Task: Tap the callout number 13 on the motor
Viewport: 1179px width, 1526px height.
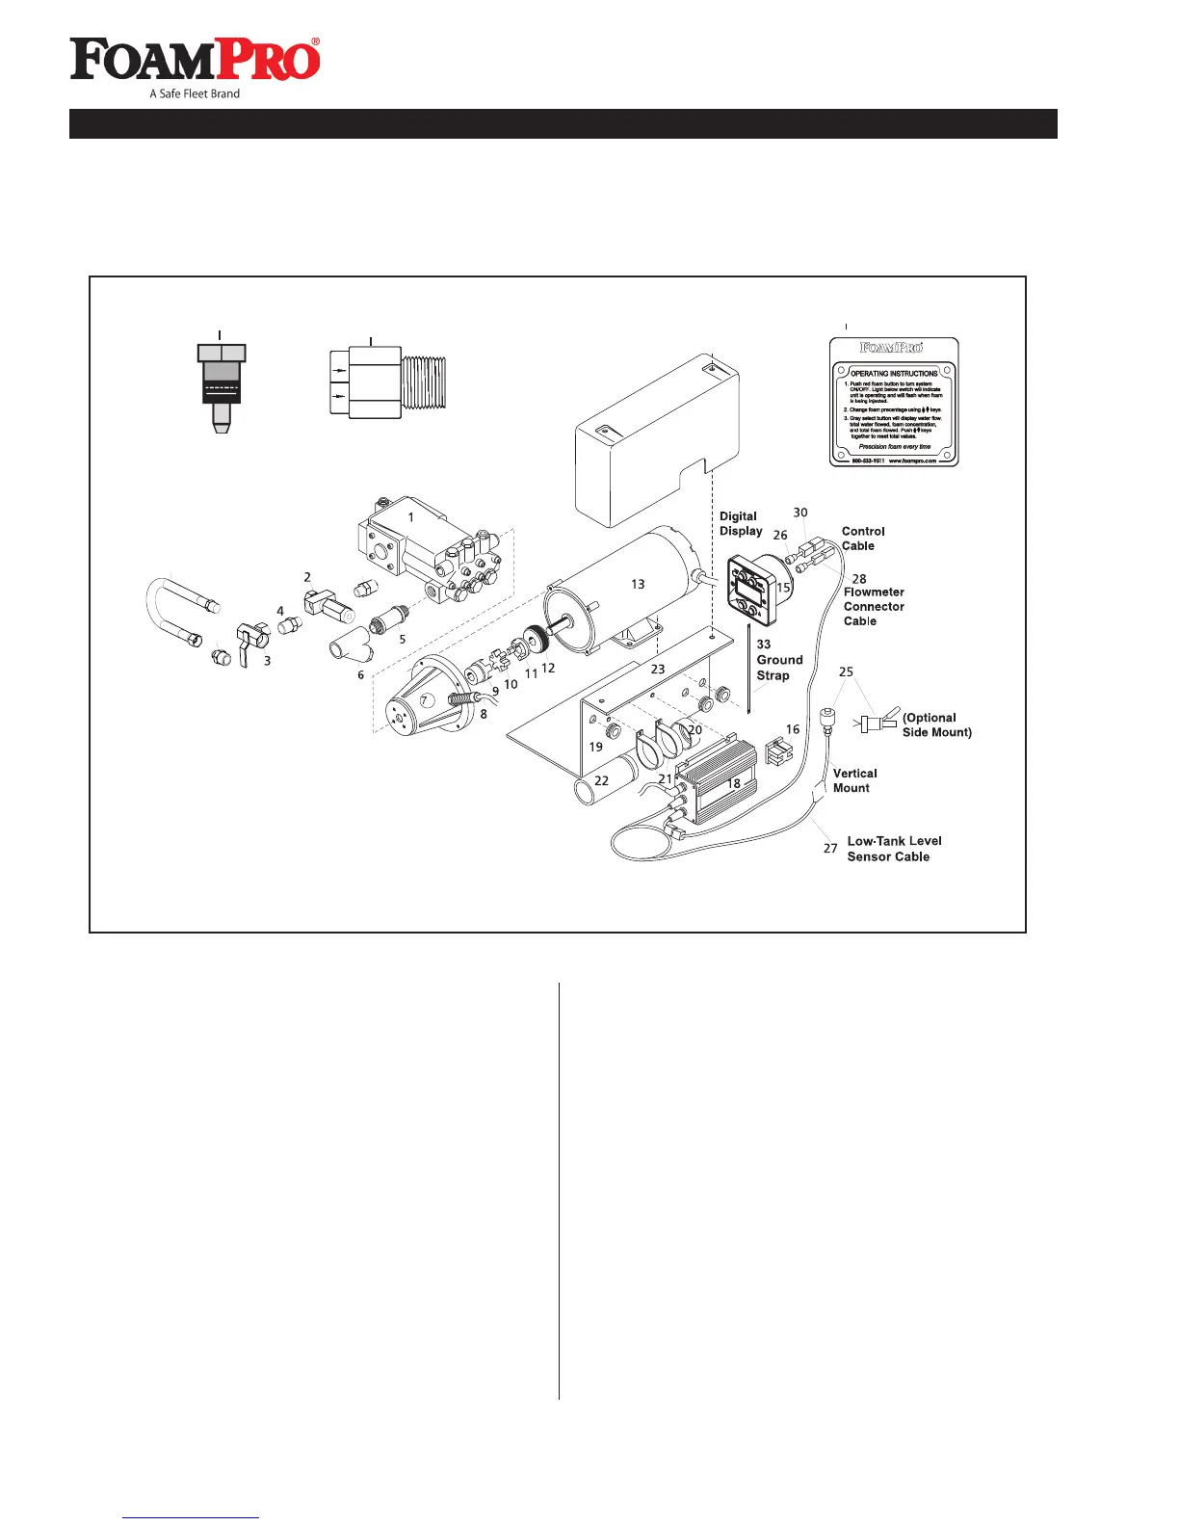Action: (x=638, y=584)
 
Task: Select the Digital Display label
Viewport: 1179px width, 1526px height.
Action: (x=740, y=524)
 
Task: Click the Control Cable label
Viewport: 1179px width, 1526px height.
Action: (x=862, y=539)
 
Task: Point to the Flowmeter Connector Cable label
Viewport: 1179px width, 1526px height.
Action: (x=873, y=607)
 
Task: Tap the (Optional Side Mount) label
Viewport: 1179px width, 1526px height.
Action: (x=936, y=724)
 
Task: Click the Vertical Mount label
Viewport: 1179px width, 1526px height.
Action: (x=854, y=780)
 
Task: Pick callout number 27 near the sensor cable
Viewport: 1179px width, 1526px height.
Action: (x=830, y=849)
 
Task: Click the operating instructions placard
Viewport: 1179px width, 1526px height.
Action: (x=894, y=402)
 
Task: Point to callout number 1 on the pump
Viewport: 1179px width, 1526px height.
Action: (x=410, y=517)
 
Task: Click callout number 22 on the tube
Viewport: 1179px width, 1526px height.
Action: (x=601, y=780)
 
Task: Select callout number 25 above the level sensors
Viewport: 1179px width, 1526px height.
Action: (x=846, y=671)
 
